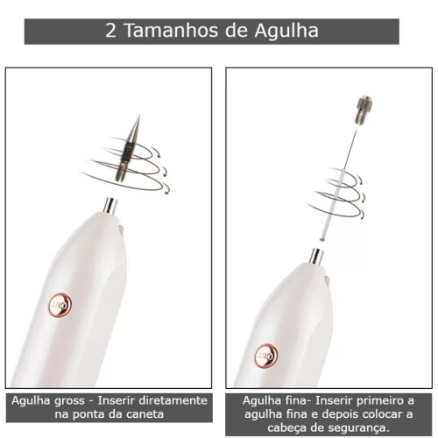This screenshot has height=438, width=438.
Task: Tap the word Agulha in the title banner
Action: (286, 32)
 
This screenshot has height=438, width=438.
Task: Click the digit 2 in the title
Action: (110, 31)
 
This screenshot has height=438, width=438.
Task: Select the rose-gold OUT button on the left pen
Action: (60, 305)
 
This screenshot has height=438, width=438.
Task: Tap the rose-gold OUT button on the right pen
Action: (266, 357)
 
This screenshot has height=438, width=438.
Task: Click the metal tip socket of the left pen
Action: (110, 205)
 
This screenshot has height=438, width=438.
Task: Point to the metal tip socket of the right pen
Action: (316, 257)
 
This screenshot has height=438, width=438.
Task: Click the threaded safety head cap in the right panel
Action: (364, 110)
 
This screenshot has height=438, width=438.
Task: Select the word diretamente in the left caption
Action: (173, 400)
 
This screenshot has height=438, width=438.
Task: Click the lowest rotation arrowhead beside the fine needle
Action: (363, 215)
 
